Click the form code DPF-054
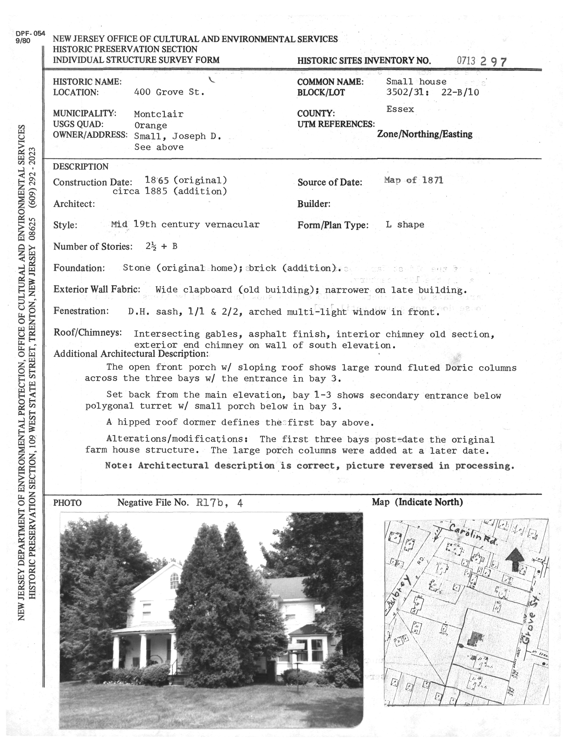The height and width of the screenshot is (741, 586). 30,34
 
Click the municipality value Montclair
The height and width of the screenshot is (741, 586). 159,114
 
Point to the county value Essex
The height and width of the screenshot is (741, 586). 400,109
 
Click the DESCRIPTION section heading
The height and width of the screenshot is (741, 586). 81,167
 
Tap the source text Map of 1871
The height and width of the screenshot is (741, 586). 413,180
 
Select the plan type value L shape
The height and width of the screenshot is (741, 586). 405,225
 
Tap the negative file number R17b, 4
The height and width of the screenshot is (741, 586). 220,503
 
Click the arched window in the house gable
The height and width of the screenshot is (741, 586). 174,580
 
